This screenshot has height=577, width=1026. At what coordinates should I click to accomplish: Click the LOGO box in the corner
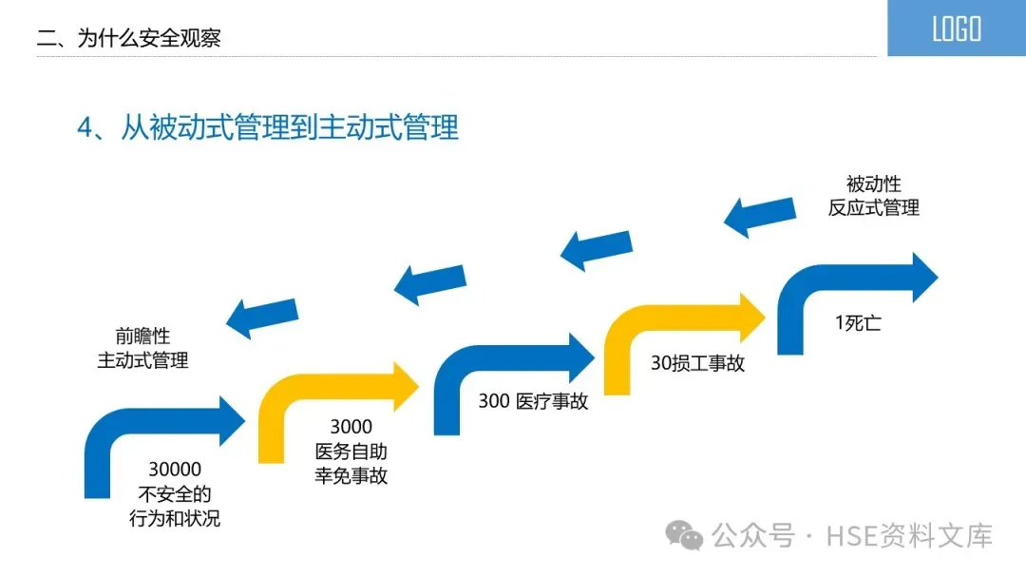956,29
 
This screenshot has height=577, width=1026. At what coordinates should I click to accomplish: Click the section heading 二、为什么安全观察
128,39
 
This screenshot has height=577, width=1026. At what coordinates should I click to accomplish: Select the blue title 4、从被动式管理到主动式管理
268,127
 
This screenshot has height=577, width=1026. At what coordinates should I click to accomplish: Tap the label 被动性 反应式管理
873,196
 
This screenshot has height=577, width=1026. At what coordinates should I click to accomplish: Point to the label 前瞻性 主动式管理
142,348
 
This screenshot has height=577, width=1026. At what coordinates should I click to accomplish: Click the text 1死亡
858,323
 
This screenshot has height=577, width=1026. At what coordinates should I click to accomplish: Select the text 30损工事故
697,363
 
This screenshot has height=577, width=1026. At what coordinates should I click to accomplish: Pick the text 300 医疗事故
533,401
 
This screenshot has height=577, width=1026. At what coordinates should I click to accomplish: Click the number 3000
351,427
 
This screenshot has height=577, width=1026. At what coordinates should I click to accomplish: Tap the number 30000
175,469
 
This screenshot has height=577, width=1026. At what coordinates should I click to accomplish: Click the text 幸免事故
351,476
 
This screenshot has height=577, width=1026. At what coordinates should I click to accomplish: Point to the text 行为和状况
175,519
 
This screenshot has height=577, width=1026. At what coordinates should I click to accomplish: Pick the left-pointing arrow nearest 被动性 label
759,217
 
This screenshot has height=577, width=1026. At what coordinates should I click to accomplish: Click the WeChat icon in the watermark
684,535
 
